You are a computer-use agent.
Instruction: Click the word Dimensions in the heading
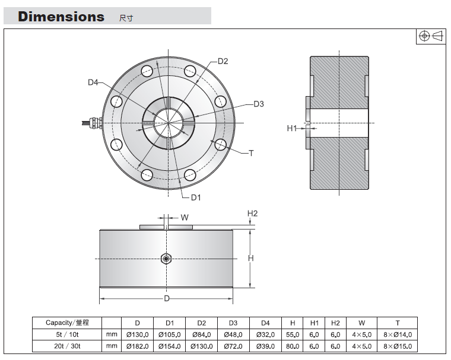61,17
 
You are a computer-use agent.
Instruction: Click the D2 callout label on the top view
223,61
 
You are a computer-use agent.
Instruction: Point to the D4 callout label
93,82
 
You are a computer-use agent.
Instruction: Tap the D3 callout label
259,104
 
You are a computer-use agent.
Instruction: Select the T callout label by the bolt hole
252,153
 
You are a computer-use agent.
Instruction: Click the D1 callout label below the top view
196,197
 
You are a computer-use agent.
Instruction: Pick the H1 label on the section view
291,128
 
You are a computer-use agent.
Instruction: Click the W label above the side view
185,218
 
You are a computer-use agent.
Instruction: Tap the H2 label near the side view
253,214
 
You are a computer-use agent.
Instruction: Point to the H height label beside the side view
251,258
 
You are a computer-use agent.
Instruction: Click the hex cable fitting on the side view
166,259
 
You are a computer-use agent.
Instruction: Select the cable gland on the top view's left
93,123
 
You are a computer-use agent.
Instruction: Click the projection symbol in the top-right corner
431,36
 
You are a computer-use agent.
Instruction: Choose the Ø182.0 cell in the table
138,346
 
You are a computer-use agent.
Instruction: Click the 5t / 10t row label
67,334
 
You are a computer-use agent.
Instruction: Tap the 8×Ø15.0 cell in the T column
398,346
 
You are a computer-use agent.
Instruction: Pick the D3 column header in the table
233,323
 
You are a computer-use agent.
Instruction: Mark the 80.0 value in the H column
293,346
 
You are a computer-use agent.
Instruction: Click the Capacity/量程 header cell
67,323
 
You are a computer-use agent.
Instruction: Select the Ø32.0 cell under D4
265,334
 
